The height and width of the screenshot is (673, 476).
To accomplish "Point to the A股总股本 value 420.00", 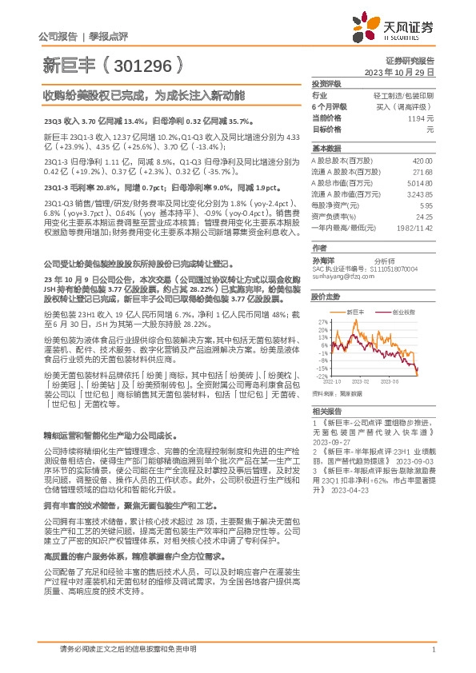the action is (422, 161).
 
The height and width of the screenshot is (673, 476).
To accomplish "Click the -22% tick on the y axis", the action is (322, 376).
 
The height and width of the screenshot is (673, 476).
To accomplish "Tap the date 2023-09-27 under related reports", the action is (330, 440).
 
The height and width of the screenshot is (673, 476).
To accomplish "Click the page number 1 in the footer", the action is (433, 650).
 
